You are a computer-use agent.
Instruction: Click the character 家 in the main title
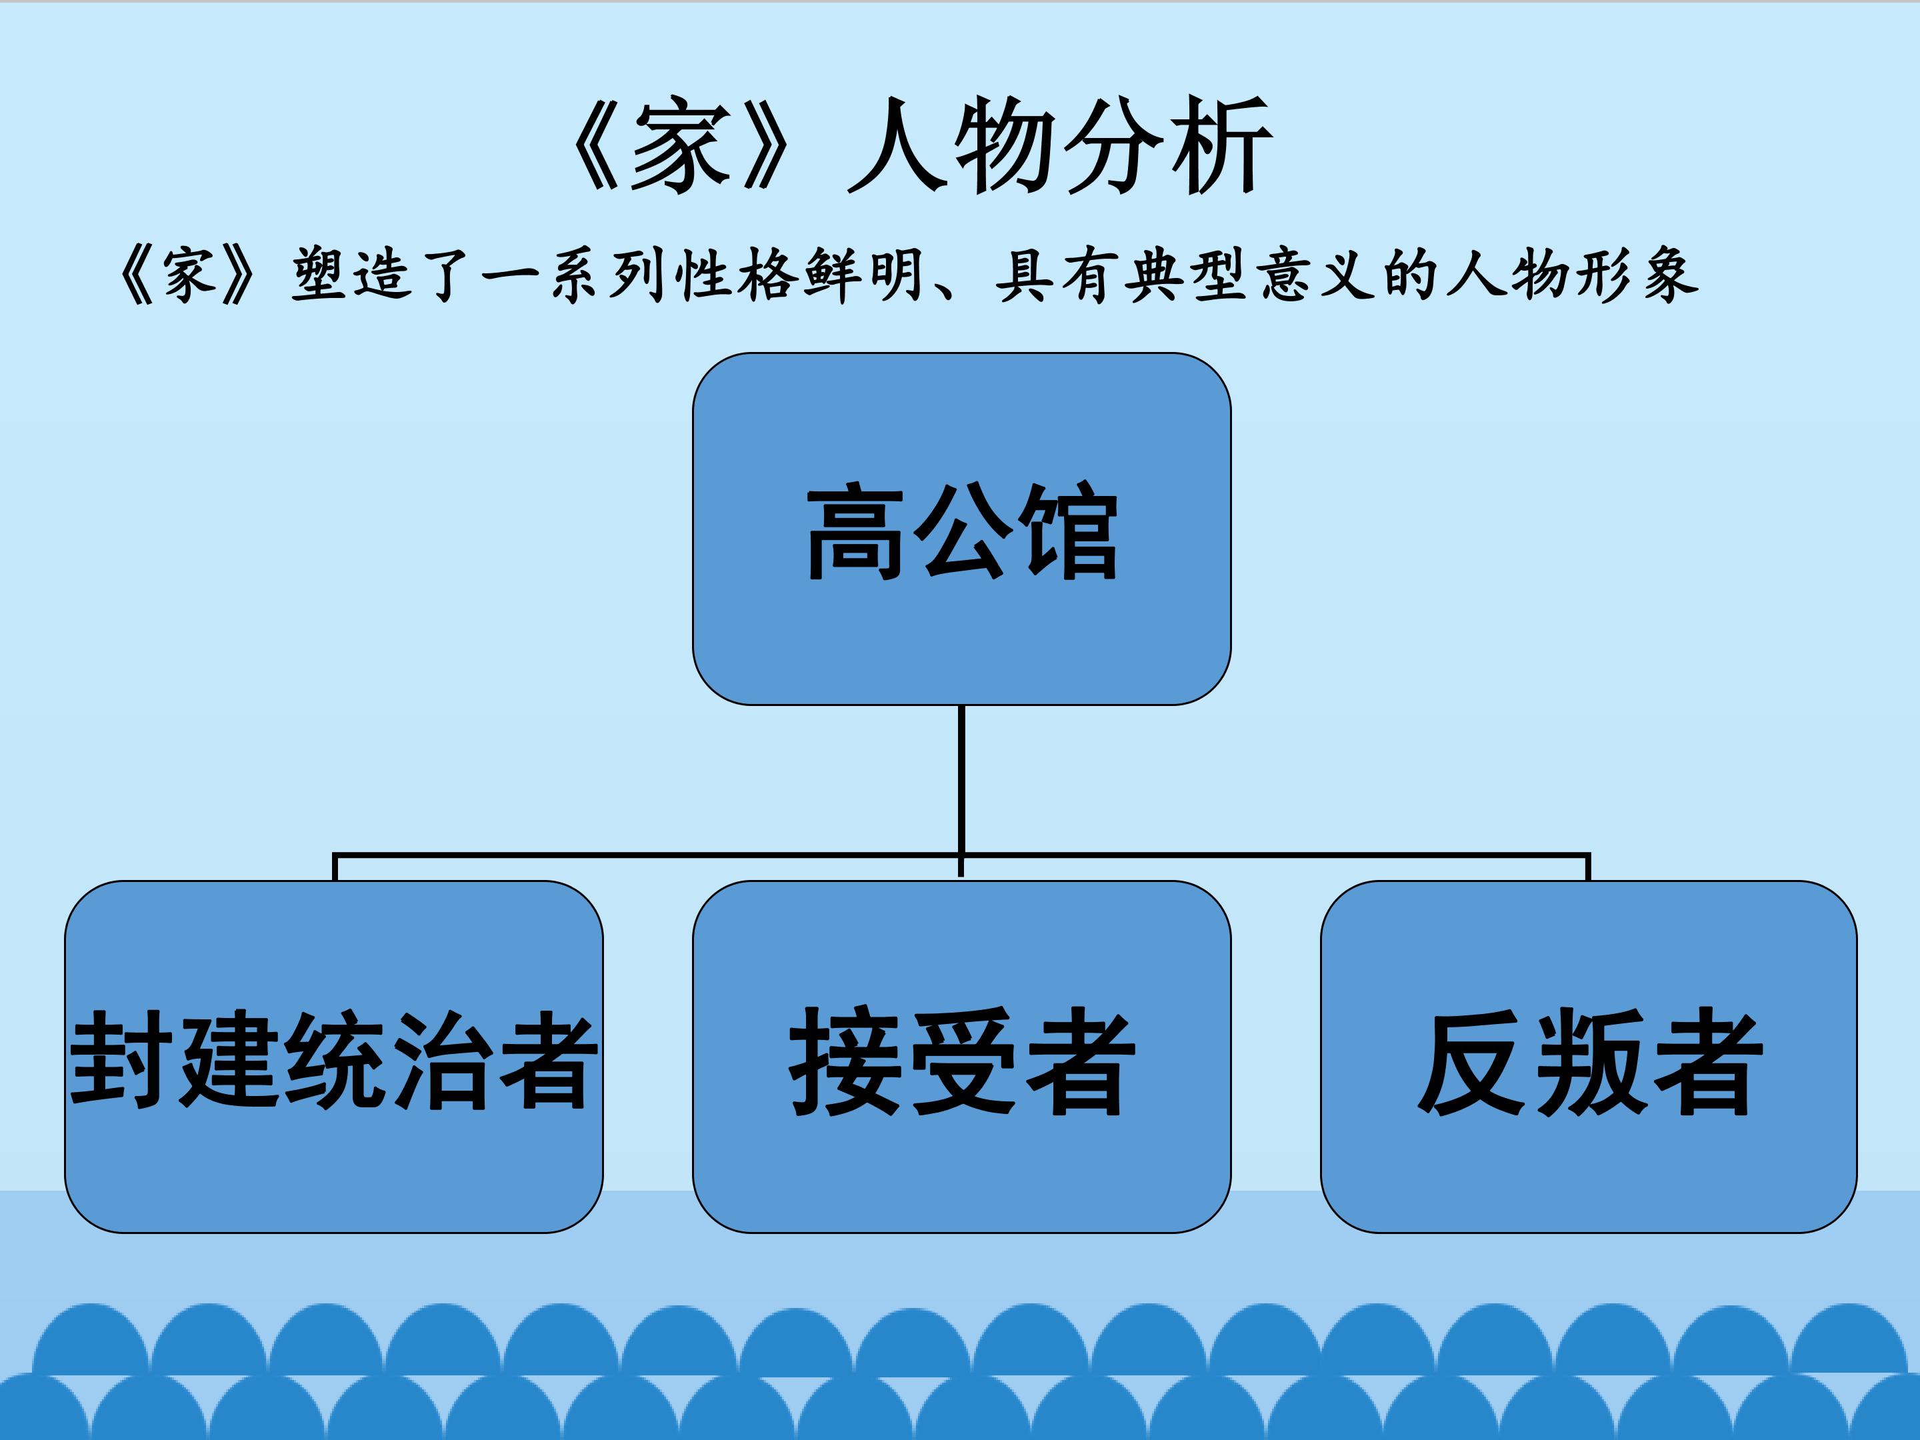coord(679,145)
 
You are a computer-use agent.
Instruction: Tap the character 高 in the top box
coord(856,531)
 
